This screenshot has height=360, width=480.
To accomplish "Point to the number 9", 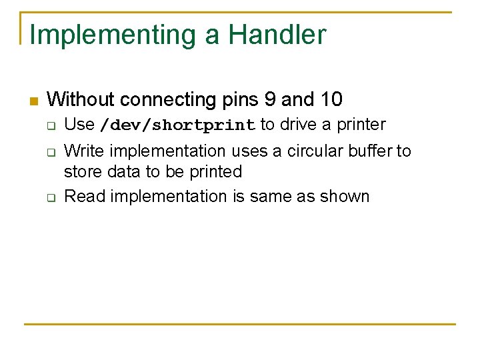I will pyautogui.click(x=269, y=100).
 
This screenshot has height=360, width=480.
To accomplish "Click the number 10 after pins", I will pyautogui.click(x=331, y=100).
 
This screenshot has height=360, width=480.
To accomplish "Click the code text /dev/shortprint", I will pyautogui.click(x=177, y=125).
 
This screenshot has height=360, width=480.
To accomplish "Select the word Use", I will pyautogui.click(x=79, y=125).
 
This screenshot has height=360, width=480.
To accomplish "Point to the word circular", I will pyautogui.click(x=313, y=151).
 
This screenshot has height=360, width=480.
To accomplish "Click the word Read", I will pyautogui.click(x=81, y=196).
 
